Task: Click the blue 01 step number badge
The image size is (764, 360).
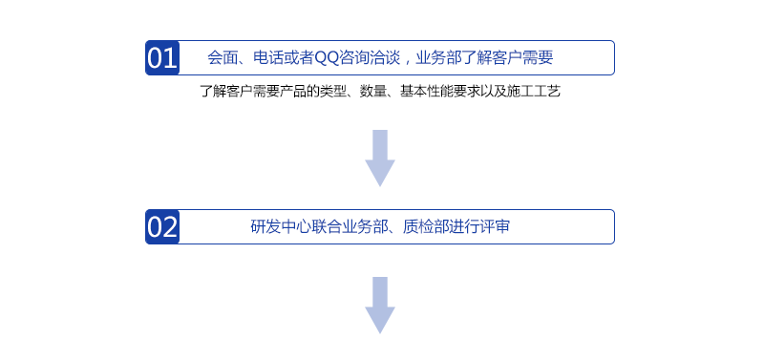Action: [x=162, y=58]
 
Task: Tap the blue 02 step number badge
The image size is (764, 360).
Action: [x=162, y=227]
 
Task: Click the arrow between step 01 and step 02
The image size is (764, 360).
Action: [x=380, y=158]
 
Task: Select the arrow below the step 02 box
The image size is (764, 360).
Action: [x=380, y=305]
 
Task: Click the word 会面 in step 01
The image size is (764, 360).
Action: [x=222, y=58]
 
